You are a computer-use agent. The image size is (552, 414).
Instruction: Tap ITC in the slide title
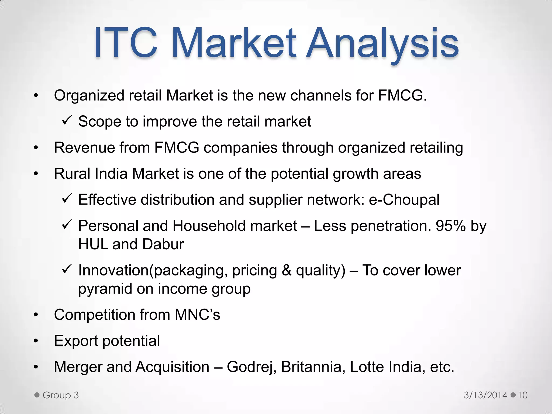(x=126, y=43)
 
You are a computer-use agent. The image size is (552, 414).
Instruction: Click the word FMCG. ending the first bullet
(x=402, y=95)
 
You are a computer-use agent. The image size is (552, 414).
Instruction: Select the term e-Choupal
(x=404, y=200)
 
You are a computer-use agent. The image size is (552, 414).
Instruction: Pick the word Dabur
(x=163, y=244)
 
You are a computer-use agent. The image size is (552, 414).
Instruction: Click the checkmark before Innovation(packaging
(x=66, y=269)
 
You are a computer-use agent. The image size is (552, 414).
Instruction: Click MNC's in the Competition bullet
(x=197, y=315)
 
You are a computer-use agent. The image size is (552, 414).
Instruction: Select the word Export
(x=76, y=341)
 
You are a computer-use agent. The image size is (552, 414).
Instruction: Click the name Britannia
(x=311, y=367)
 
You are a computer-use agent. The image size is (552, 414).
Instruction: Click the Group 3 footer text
(x=60, y=395)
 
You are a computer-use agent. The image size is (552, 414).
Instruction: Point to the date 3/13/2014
(x=485, y=395)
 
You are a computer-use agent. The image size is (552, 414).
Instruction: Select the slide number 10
(x=522, y=395)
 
